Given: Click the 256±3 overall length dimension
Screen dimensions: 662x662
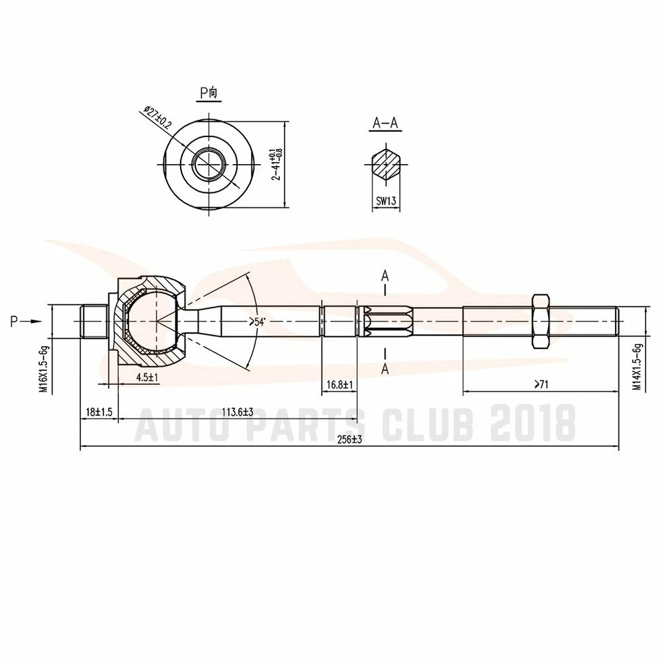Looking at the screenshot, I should pos(352,440).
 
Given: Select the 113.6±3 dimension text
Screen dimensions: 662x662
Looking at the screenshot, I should pos(237,412).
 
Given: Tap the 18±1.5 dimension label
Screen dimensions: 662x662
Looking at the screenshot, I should pos(99,412).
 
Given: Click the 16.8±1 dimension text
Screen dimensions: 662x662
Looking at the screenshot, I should pos(339,384).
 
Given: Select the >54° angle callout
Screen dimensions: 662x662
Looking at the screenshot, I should pos(257,322).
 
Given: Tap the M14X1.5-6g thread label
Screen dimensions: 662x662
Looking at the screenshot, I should pos(638,367).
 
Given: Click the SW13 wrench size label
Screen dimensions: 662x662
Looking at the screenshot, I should pos(385,203).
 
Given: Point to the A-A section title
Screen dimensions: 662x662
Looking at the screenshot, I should pos(385,123).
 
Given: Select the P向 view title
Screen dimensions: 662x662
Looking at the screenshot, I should pos(208,92).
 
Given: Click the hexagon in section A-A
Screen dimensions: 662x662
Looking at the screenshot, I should pos(385,164).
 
